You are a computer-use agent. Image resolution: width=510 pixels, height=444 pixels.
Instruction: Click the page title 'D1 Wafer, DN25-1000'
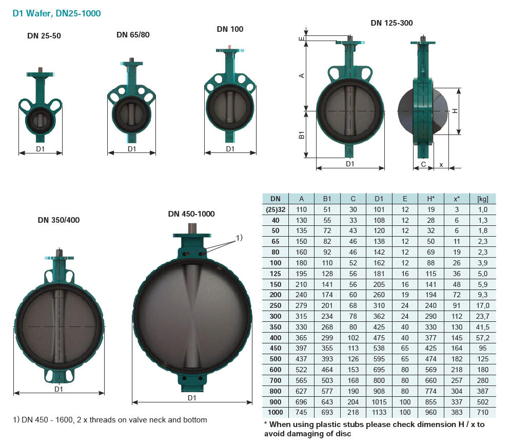56,13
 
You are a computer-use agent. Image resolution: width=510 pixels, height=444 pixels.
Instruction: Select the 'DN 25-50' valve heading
47,36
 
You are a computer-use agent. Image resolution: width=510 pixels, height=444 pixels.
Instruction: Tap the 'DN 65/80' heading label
133,35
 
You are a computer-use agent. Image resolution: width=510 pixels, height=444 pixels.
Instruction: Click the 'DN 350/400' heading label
58,220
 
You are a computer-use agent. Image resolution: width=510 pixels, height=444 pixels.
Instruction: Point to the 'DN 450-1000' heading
191,214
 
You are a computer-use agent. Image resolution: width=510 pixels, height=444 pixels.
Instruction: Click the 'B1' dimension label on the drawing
302,135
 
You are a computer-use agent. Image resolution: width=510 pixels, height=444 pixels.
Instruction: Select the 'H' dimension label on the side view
455,111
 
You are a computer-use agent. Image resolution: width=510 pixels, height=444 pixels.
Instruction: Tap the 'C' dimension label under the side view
423,164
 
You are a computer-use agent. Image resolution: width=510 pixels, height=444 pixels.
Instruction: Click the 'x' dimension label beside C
441,164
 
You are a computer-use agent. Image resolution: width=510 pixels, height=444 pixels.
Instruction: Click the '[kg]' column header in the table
482,199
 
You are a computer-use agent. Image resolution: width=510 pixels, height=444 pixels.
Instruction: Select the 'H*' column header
431,199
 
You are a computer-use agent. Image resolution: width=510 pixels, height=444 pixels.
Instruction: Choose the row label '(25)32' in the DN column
276,209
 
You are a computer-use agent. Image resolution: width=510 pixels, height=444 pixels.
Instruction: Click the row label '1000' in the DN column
276,413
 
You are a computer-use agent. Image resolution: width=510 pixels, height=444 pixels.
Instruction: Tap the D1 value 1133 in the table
379,413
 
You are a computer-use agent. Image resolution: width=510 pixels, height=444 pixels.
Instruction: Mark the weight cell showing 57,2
482,338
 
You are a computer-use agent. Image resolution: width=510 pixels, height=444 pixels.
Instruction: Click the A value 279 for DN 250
301,305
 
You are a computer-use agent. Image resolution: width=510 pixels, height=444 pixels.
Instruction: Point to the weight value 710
482,413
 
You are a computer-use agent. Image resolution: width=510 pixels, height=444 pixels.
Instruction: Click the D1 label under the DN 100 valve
230,149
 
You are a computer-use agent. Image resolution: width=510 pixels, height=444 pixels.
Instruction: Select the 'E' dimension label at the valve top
302,38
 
